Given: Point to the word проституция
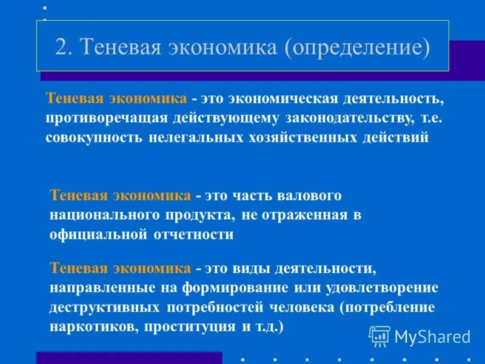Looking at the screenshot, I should (190, 326).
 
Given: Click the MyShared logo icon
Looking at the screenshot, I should (380, 335).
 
